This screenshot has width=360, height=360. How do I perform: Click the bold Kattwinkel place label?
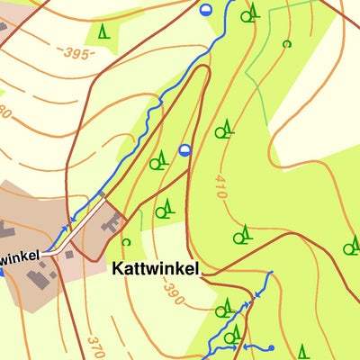coord(154,269)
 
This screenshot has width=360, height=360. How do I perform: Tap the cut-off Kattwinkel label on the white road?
coord(20,256)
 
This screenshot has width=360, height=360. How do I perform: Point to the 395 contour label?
coord(79,54)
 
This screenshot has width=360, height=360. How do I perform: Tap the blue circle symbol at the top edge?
coord(206,10)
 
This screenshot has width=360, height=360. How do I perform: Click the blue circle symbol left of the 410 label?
coord(185,149)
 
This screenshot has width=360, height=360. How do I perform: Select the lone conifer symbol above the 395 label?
coord(103,31)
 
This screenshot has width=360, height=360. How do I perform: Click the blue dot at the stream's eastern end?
coord(271,347)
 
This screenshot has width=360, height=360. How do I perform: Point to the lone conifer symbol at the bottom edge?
coord(303,351)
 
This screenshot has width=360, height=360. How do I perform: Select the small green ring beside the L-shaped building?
coord(126,241)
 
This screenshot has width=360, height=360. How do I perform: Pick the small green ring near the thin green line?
coord(287,43)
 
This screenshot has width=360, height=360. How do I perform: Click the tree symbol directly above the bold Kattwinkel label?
coord(164,211)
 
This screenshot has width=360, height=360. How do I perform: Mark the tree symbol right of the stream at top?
coord(249,12)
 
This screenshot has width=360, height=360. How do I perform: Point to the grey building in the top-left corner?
coord(3,25)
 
